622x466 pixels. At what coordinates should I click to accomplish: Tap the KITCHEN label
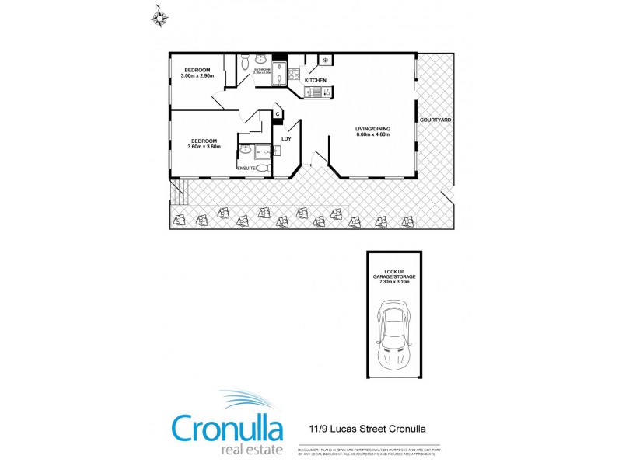coord(315,81)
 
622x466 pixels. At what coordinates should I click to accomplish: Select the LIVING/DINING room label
coord(372,127)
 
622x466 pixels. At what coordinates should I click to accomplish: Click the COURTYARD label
coord(435,119)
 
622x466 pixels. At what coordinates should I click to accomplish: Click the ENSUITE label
coord(246,168)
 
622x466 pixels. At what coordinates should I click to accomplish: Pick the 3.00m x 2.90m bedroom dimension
coord(196,75)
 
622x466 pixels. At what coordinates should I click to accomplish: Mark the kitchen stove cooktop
coord(294,75)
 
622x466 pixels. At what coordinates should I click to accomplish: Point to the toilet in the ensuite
coord(262,167)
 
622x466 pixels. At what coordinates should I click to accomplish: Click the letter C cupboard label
coord(278,113)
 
